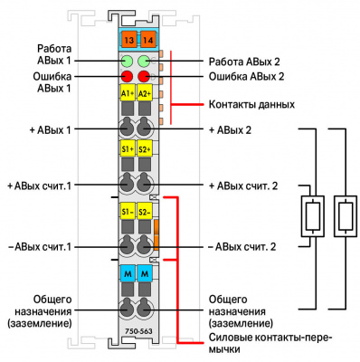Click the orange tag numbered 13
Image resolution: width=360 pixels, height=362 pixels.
(128, 40)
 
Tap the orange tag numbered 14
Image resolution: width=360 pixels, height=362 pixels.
(147, 40)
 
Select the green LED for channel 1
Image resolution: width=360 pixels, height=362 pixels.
(128, 61)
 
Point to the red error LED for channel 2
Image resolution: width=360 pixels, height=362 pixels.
(144, 76)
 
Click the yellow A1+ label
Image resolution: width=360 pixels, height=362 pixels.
(128, 92)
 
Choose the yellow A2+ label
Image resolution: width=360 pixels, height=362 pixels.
(145, 92)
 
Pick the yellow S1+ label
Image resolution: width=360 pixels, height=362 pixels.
(128, 148)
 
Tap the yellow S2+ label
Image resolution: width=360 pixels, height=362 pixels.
(145, 148)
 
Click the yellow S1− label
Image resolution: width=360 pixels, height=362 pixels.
(128, 211)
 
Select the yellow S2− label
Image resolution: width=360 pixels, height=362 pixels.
(145, 211)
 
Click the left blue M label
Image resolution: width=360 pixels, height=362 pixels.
(128, 273)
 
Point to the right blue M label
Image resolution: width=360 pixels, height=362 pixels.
(145, 273)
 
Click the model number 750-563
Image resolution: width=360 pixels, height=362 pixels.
(138, 331)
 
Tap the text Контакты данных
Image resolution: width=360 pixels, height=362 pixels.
(251, 105)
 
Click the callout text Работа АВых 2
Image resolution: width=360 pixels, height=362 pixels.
(244, 62)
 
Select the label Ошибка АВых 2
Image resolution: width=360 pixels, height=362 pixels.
(247, 76)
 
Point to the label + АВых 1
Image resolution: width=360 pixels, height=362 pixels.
(51, 130)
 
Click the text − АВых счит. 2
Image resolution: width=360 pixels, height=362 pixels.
(242, 247)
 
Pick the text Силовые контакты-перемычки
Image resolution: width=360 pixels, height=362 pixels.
(270, 343)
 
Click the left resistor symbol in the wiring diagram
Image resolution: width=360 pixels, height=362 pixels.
(313, 216)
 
